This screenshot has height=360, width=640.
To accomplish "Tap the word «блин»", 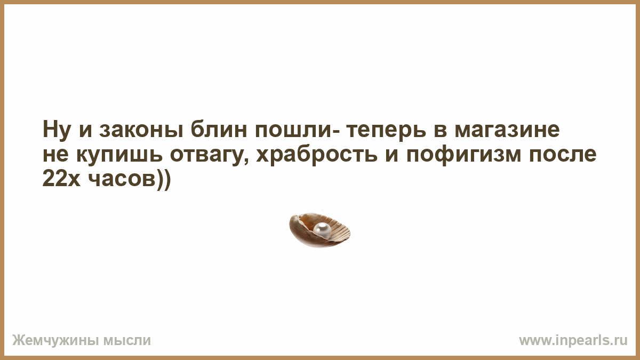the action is coord(219,130).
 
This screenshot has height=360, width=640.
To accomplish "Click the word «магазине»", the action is coord(507,130).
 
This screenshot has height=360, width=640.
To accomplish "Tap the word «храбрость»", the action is coord(317,155).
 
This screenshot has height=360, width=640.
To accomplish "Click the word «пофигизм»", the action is coord(463,155).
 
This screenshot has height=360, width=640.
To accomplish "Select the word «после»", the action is coord(562,155).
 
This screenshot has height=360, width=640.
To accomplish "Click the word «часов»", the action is coord(122,179).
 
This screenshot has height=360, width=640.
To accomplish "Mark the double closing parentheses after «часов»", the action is coord(163,180).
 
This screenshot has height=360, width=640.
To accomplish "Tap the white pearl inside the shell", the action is coord(322,229).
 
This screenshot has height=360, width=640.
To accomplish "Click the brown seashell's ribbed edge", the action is coord(339,227).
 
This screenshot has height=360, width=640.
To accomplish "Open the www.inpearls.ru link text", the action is coord(573,341).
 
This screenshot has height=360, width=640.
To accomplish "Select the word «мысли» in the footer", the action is coord(127,341).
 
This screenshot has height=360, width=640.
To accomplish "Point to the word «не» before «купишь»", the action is coord(55,155).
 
